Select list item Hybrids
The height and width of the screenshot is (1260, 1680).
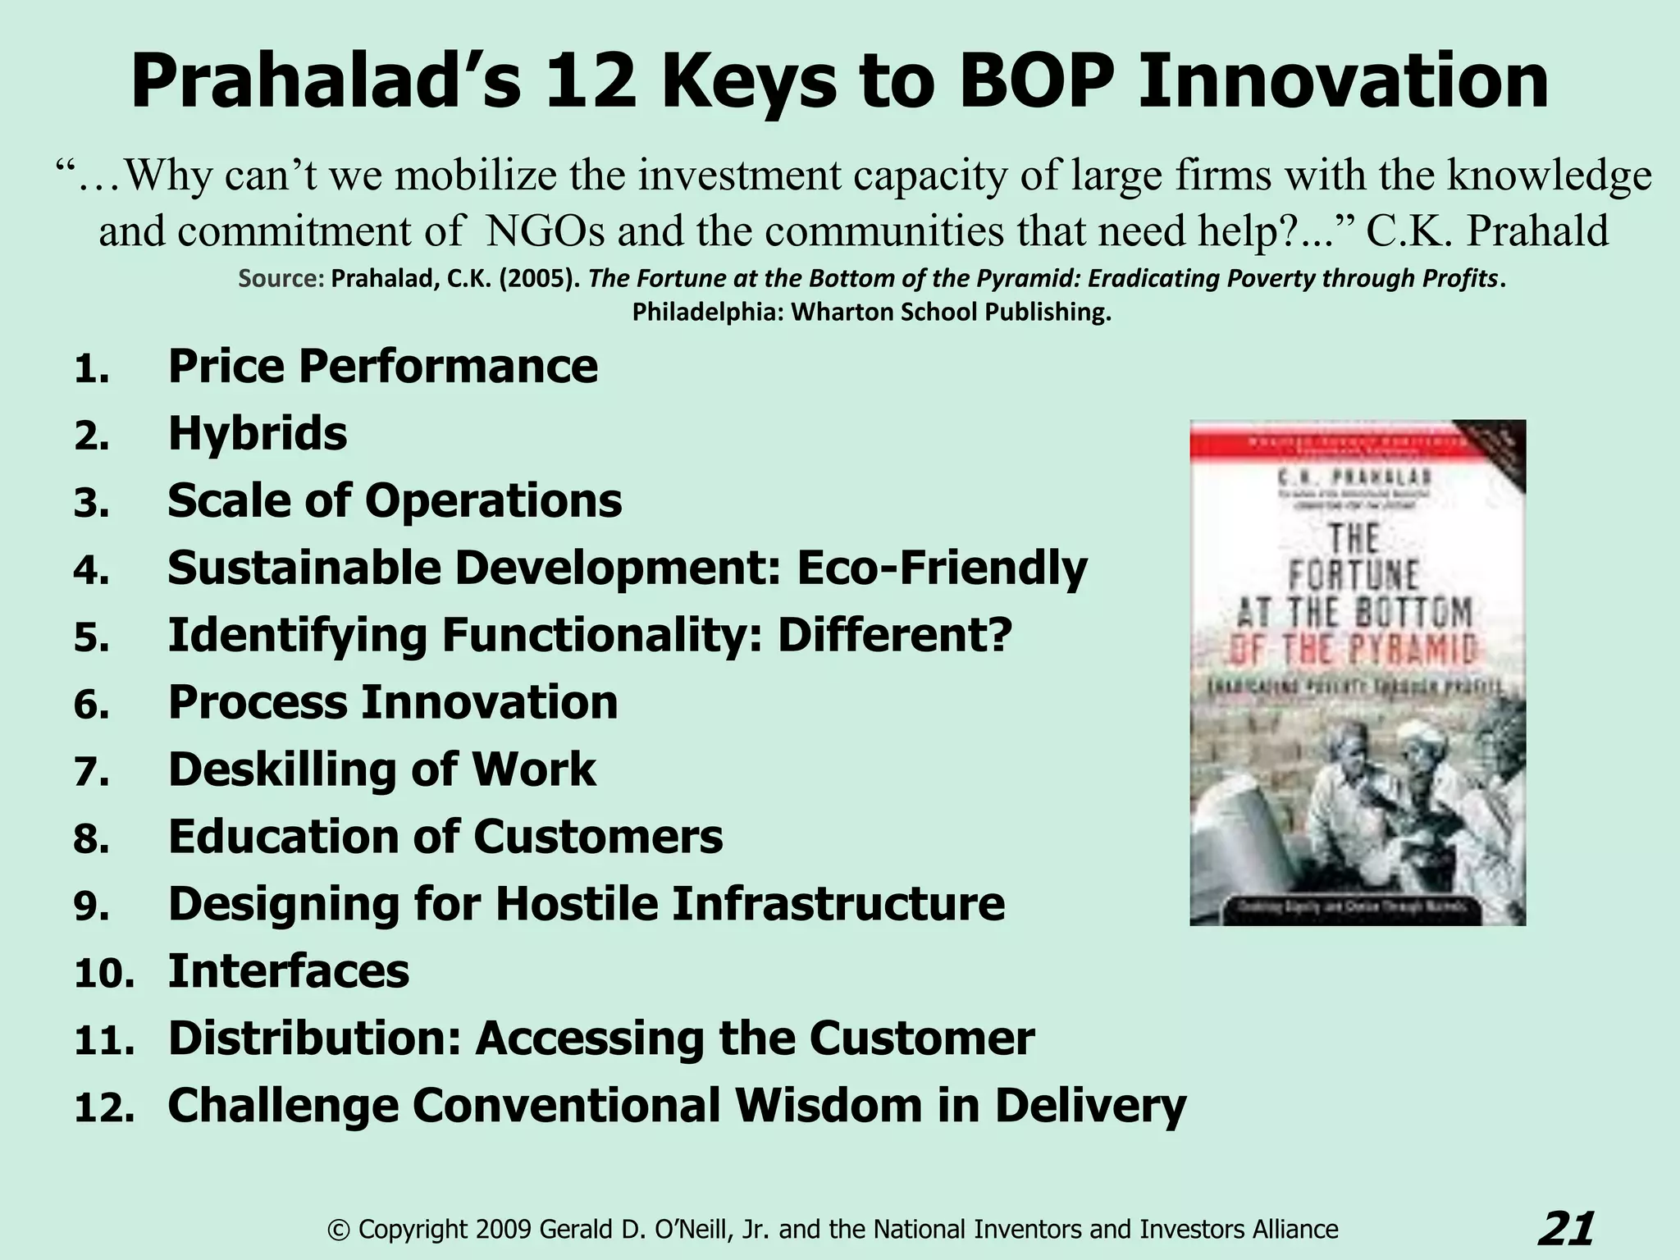(258, 434)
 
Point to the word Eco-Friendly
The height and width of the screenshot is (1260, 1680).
(942, 568)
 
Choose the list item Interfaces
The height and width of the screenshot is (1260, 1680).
(289, 971)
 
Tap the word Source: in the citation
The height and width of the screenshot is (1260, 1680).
(281, 280)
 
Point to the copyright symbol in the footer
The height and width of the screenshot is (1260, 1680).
(336, 1230)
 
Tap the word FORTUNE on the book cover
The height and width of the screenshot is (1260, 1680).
(1354, 576)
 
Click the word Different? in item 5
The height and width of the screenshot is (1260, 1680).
(895, 636)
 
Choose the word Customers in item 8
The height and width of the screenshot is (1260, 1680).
(598, 837)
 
